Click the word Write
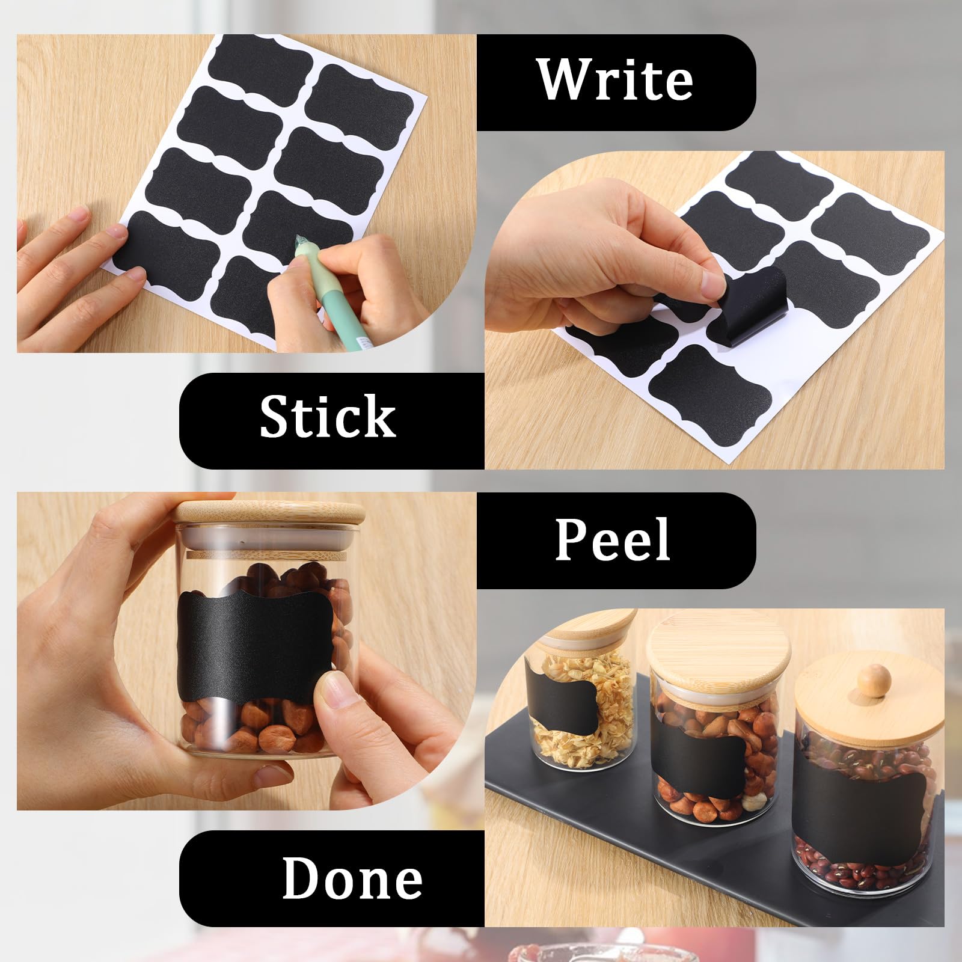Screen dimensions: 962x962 pos(615,80)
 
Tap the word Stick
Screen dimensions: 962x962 pos(328,417)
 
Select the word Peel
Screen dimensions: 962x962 pos(612,539)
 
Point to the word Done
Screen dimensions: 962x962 pos(352,878)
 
